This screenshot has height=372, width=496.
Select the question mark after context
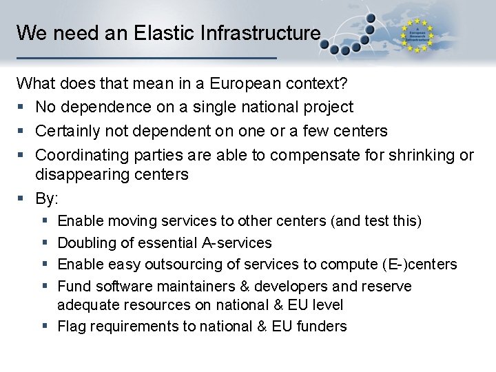[344, 84]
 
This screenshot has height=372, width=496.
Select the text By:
[47, 198]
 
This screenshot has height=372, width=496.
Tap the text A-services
[236, 242]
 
